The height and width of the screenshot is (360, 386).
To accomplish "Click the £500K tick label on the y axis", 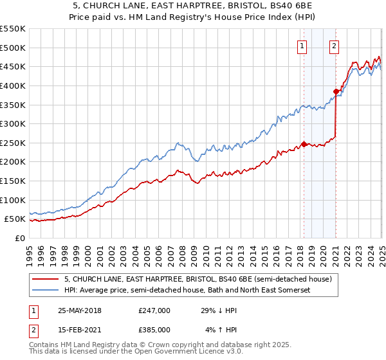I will pos(12,48).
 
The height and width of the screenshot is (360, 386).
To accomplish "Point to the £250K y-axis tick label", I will pos(12,143).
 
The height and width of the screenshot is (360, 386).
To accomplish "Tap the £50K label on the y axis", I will pos(15,219).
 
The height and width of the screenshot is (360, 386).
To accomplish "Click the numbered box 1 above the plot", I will pos(302,46).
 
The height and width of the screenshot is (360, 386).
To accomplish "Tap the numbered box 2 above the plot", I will pos(335,46).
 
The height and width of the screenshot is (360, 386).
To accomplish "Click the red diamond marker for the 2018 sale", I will pos(304,144).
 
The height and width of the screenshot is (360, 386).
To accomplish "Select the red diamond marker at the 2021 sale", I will pos(336,91).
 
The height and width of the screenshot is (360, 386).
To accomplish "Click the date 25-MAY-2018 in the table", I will pos(80,310).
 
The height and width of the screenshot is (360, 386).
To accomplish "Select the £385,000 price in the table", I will pos(154,329).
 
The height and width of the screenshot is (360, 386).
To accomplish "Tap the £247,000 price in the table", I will pos(154,310).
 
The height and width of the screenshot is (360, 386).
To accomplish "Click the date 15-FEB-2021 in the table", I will pos(79,329).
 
